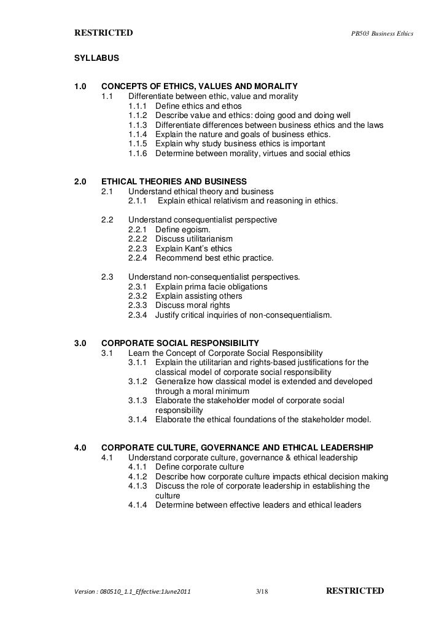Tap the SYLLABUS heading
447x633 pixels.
96,60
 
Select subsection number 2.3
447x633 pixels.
107,277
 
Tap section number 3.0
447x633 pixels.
80,342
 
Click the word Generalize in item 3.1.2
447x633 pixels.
177,382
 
